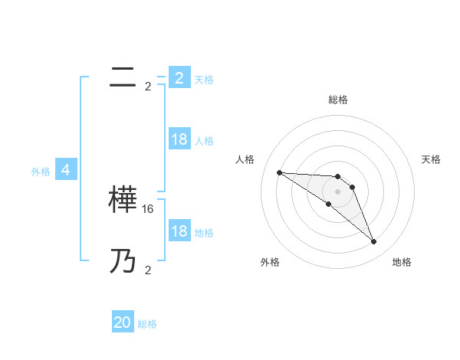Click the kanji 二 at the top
(123, 77)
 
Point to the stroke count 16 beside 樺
(148, 208)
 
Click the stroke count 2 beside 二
(148, 86)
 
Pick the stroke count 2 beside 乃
(148, 270)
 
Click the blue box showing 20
(123, 322)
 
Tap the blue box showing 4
(66, 170)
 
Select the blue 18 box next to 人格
(179, 139)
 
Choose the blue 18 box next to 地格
(179, 231)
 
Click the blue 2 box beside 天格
(179, 78)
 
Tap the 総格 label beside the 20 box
(148, 324)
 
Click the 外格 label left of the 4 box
(41, 172)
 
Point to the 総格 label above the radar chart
(337, 100)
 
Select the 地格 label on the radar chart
(402, 262)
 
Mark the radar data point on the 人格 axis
(279, 172)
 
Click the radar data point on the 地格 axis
(373, 241)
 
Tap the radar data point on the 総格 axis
(337, 177)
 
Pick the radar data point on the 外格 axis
(328, 204)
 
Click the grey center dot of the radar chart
(337, 191)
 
